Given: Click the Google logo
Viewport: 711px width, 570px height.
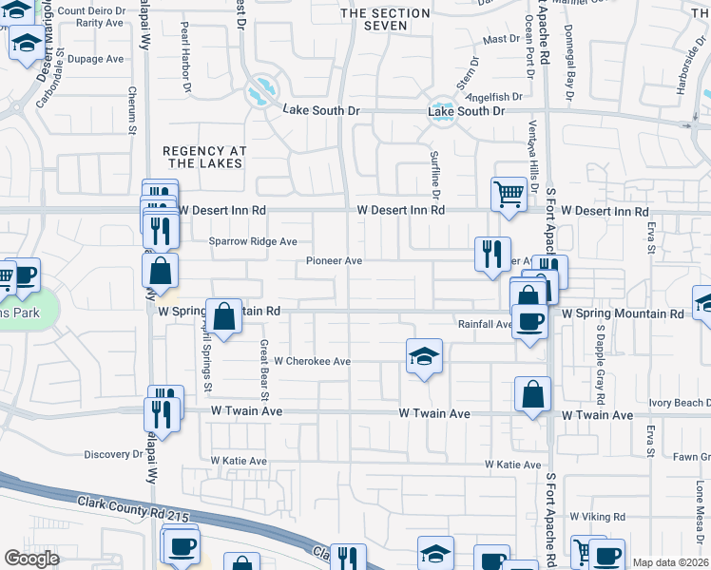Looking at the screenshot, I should tap(31, 559).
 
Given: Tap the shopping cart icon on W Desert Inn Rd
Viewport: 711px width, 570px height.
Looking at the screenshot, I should tap(509, 194).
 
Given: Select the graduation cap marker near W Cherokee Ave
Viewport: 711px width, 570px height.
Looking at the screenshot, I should tap(425, 356).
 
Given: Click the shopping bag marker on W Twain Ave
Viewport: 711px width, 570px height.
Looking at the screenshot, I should tap(533, 394).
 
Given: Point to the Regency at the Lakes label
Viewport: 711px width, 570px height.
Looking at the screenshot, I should tap(205, 157).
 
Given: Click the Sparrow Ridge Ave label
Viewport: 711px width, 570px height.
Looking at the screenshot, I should tap(254, 241).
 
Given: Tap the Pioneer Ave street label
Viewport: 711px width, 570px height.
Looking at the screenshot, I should tap(334, 260).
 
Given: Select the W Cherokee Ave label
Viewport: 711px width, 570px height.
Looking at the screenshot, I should tap(313, 361).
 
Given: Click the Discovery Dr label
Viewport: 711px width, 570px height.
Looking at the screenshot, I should tap(113, 454).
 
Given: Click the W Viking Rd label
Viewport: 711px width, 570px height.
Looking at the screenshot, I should tap(597, 517).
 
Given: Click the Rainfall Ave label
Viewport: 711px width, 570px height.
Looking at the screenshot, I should tap(484, 324).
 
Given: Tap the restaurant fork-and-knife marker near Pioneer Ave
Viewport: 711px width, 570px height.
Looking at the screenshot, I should tap(491, 254).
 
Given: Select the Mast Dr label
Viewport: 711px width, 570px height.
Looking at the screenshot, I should tap(496, 39).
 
